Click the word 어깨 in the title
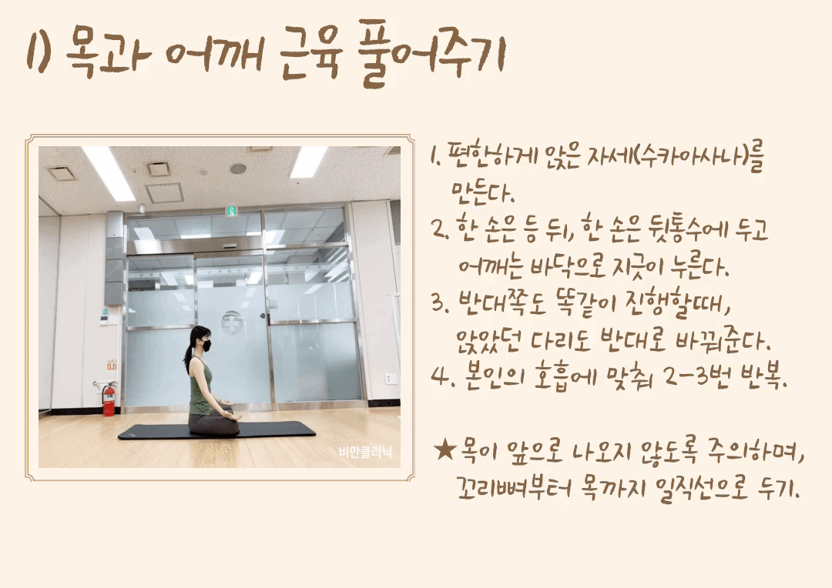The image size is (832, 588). click(x=215, y=53)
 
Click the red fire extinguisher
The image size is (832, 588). click(x=109, y=398)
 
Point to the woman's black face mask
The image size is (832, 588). click(x=206, y=346)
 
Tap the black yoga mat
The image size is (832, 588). click(x=216, y=430)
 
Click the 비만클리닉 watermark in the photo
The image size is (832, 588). click(x=366, y=452)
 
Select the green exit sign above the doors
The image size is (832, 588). click(x=232, y=211)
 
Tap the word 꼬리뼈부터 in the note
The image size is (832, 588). click(x=514, y=486)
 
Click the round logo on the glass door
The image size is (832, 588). click(x=233, y=322)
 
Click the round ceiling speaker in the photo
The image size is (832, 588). click(x=238, y=169)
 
